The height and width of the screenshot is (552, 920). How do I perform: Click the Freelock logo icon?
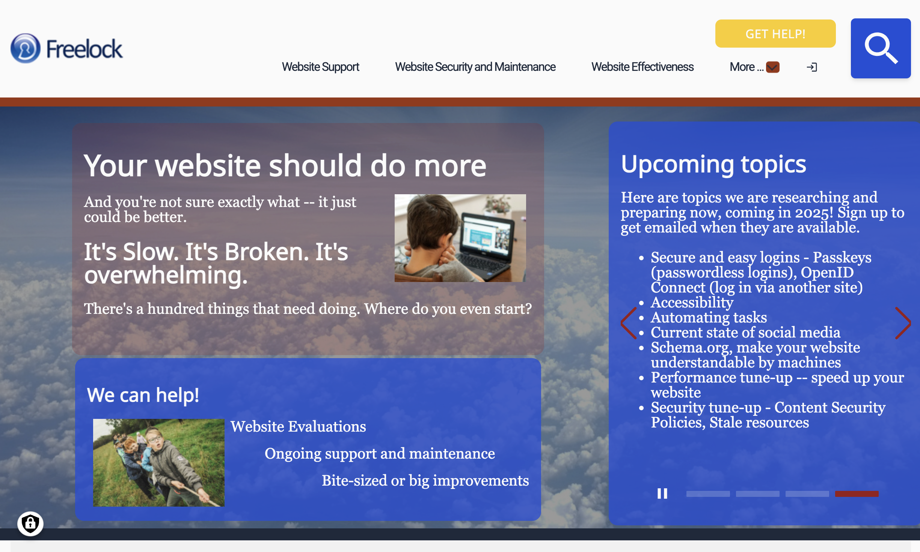coord(26,48)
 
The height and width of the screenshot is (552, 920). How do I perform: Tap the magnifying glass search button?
coord(881,48)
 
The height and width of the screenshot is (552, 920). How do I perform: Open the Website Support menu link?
coord(320,67)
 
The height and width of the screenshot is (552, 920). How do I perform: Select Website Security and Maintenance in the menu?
coord(475,67)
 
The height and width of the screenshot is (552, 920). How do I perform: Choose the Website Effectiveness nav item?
coord(642,67)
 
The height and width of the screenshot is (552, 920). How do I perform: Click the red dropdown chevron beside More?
coord(773,67)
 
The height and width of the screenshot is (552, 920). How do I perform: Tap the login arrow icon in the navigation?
coord(812,67)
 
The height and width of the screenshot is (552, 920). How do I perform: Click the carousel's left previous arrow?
coord(629,323)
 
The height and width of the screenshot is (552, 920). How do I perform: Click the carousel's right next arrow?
coord(903,323)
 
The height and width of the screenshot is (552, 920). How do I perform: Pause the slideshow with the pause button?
coord(662,493)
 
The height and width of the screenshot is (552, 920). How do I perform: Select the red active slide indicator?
coord(857,494)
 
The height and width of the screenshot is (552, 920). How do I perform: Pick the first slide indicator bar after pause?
coord(708,494)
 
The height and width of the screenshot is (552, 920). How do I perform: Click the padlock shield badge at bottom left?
coord(30,523)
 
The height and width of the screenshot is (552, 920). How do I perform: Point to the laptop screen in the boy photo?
coord(486,237)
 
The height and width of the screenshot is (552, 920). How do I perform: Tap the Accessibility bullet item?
coord(692,302)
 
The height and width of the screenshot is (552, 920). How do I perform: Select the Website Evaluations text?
coord(298,426)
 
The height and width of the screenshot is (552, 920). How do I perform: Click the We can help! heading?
coord(143,395)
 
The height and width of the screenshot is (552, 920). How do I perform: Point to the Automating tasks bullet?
coord(709,317)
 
